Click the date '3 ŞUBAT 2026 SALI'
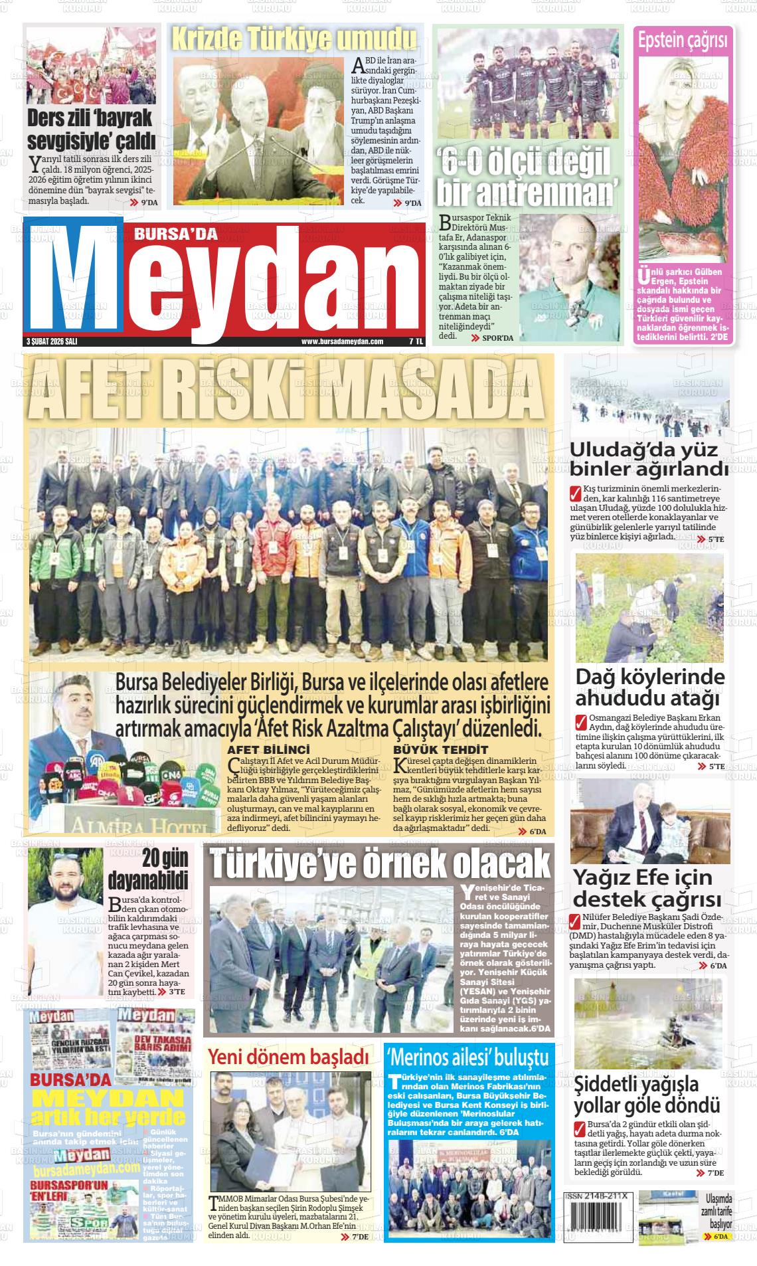click(x=52, y=341)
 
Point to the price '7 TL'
click(x=416, y=341)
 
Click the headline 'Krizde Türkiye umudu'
click(x=294, y=39)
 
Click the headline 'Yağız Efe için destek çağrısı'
click(x=647, y=889)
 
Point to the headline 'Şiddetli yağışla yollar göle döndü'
click(x=647, y=1095)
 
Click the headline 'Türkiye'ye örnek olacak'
click(x=380, y=864)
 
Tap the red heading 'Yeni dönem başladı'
click(x=288, y=1056)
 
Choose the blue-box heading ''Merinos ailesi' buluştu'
click(x=468, y=1057)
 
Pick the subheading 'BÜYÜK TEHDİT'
click(x=431, y=749)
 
